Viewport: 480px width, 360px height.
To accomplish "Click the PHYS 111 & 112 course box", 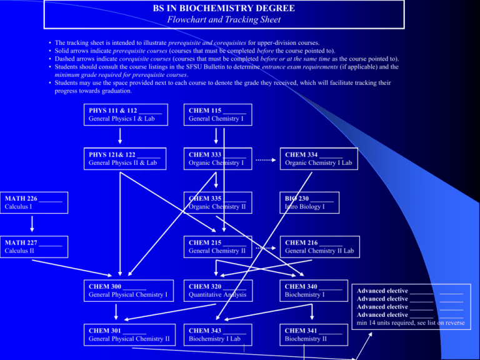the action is [126, 115].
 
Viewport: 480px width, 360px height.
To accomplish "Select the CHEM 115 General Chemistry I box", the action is [217, 115].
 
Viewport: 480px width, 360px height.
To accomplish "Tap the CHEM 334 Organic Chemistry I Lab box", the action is [319, 159].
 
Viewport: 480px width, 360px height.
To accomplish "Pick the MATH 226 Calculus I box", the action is [34, 202].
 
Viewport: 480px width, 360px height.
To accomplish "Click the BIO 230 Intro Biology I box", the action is [309, 202].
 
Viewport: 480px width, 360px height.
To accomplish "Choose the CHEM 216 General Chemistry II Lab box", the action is [319, 247].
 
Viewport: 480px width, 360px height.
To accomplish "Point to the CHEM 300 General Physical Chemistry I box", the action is [129, 291].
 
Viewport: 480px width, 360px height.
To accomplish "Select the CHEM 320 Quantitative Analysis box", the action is [218, 291].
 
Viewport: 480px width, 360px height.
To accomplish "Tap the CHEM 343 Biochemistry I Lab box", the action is [217, 334].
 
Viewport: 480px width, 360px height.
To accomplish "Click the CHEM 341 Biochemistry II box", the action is [314, 334].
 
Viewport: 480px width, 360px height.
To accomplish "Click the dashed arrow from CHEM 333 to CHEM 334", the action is [266, 160].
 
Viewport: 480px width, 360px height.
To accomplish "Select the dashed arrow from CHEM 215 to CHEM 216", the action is [266, 248].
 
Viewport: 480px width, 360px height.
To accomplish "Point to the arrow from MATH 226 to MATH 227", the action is [32, 224].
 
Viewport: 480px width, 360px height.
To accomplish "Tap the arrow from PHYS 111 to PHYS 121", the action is [120, 136].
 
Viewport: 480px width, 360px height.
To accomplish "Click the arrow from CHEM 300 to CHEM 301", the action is [116, 312].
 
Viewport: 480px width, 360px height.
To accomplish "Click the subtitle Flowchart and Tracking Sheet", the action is [224, 19].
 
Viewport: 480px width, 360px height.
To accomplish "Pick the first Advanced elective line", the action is [410, 291].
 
